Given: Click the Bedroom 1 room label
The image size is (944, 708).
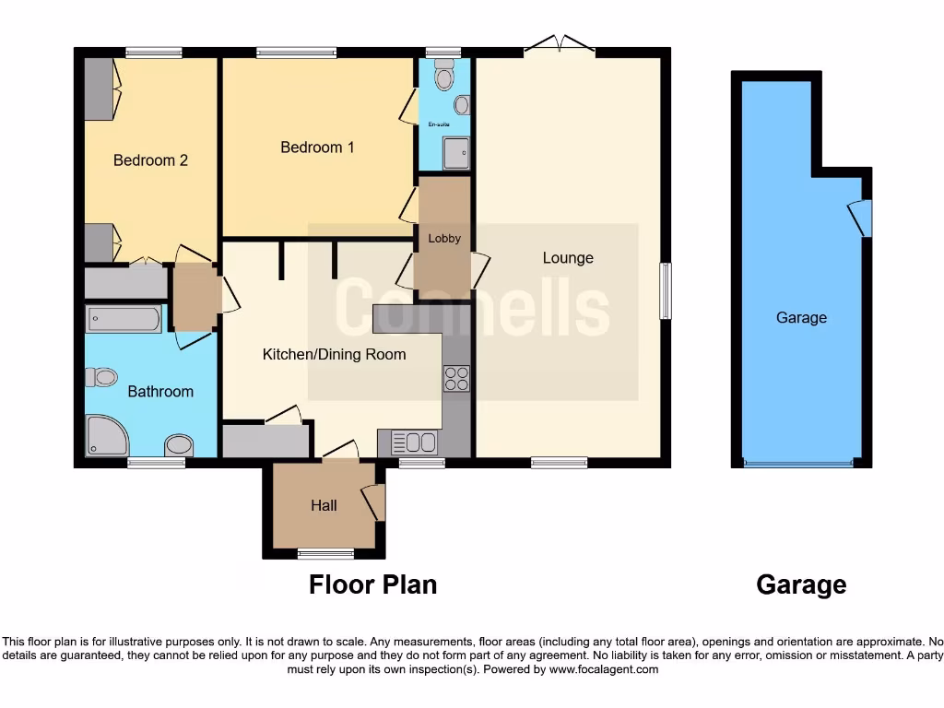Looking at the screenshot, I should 317,147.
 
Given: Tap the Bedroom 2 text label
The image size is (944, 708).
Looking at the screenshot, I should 150,160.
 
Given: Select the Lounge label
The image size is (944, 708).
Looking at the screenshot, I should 568,258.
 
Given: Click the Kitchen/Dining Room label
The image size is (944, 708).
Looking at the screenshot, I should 334,354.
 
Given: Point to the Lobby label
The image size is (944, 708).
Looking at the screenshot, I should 444,238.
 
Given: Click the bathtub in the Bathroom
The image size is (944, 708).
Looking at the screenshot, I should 124,320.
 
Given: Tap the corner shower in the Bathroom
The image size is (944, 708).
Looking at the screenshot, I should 105,436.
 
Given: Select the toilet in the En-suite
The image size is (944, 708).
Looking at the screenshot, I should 444,77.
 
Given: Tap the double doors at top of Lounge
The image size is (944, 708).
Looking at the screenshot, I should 560,44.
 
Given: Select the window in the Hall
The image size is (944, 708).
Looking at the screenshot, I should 325,554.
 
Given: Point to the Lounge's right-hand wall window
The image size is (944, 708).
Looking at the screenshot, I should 666,291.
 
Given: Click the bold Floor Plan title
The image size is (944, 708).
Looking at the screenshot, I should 372,584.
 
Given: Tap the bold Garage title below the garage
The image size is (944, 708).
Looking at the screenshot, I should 800,584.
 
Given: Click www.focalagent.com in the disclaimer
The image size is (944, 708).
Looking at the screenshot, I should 604,670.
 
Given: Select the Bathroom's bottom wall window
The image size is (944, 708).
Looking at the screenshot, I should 156,463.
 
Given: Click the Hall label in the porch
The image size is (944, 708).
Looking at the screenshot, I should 324,505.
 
